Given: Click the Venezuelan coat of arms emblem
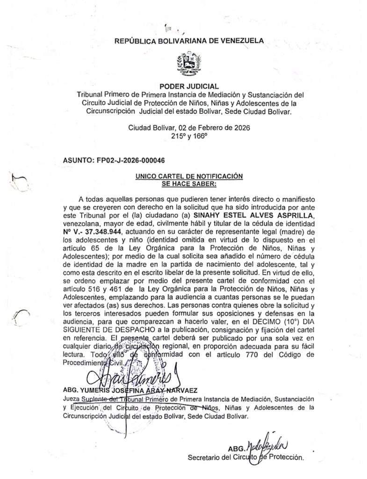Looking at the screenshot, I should [x=189, y=65].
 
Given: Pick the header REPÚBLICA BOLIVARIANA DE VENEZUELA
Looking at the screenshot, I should [x=189, y=41].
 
